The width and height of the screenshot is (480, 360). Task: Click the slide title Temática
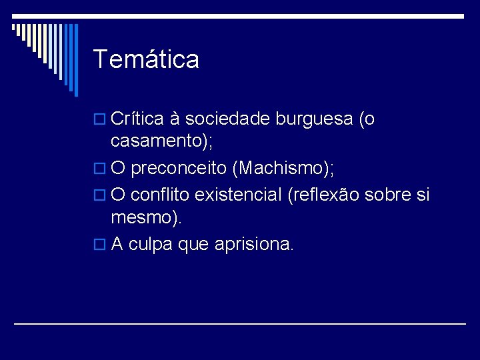click(x=146, y=59)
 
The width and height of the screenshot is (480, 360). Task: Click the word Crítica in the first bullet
click(x=138, y=119)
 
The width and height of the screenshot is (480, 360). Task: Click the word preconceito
click(x=179, y=168)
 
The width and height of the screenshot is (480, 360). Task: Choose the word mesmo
click(x=142, y=217)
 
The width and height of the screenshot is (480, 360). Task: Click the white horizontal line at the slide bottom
click(x=240, y=323)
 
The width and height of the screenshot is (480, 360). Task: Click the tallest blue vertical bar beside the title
click(x=75, y=60)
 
